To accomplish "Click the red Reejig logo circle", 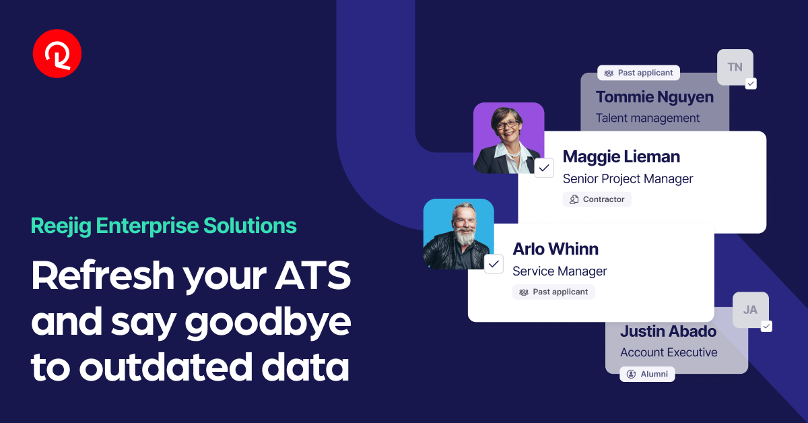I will point(57,54).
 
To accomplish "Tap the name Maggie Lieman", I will point(621,157).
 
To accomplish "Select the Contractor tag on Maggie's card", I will point(597,199).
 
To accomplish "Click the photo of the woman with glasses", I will point(508,138).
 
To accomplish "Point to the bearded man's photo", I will point(459,234).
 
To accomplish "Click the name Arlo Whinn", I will point(555,249).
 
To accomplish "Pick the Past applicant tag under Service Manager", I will point(553,292).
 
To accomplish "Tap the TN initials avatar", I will point(735,67).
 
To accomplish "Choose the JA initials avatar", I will point(750,310).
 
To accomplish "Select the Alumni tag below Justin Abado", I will point(647,374).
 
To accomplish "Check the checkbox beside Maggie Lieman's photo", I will point(544,168).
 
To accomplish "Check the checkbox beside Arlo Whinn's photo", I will point(494,264).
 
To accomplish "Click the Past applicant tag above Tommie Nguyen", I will point(638,73).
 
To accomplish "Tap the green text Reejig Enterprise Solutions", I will point(164,226).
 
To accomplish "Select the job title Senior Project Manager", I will point(628,178).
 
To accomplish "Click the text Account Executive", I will point(669,352).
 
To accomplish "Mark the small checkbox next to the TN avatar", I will point(751,84).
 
